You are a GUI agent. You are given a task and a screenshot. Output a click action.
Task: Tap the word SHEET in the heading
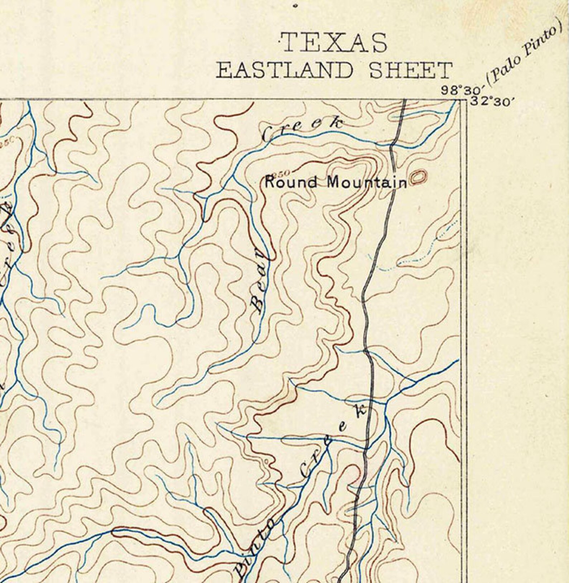[x=410, y=70]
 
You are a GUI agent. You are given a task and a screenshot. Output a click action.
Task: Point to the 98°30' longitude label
[x=460, y=90]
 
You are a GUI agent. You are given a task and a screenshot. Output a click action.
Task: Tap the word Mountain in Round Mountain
[x=367, y=183]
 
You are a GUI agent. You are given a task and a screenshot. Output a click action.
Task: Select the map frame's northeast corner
[x=466, y=99]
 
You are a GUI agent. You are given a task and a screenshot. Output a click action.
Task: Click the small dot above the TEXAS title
[x=295, y=5]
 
